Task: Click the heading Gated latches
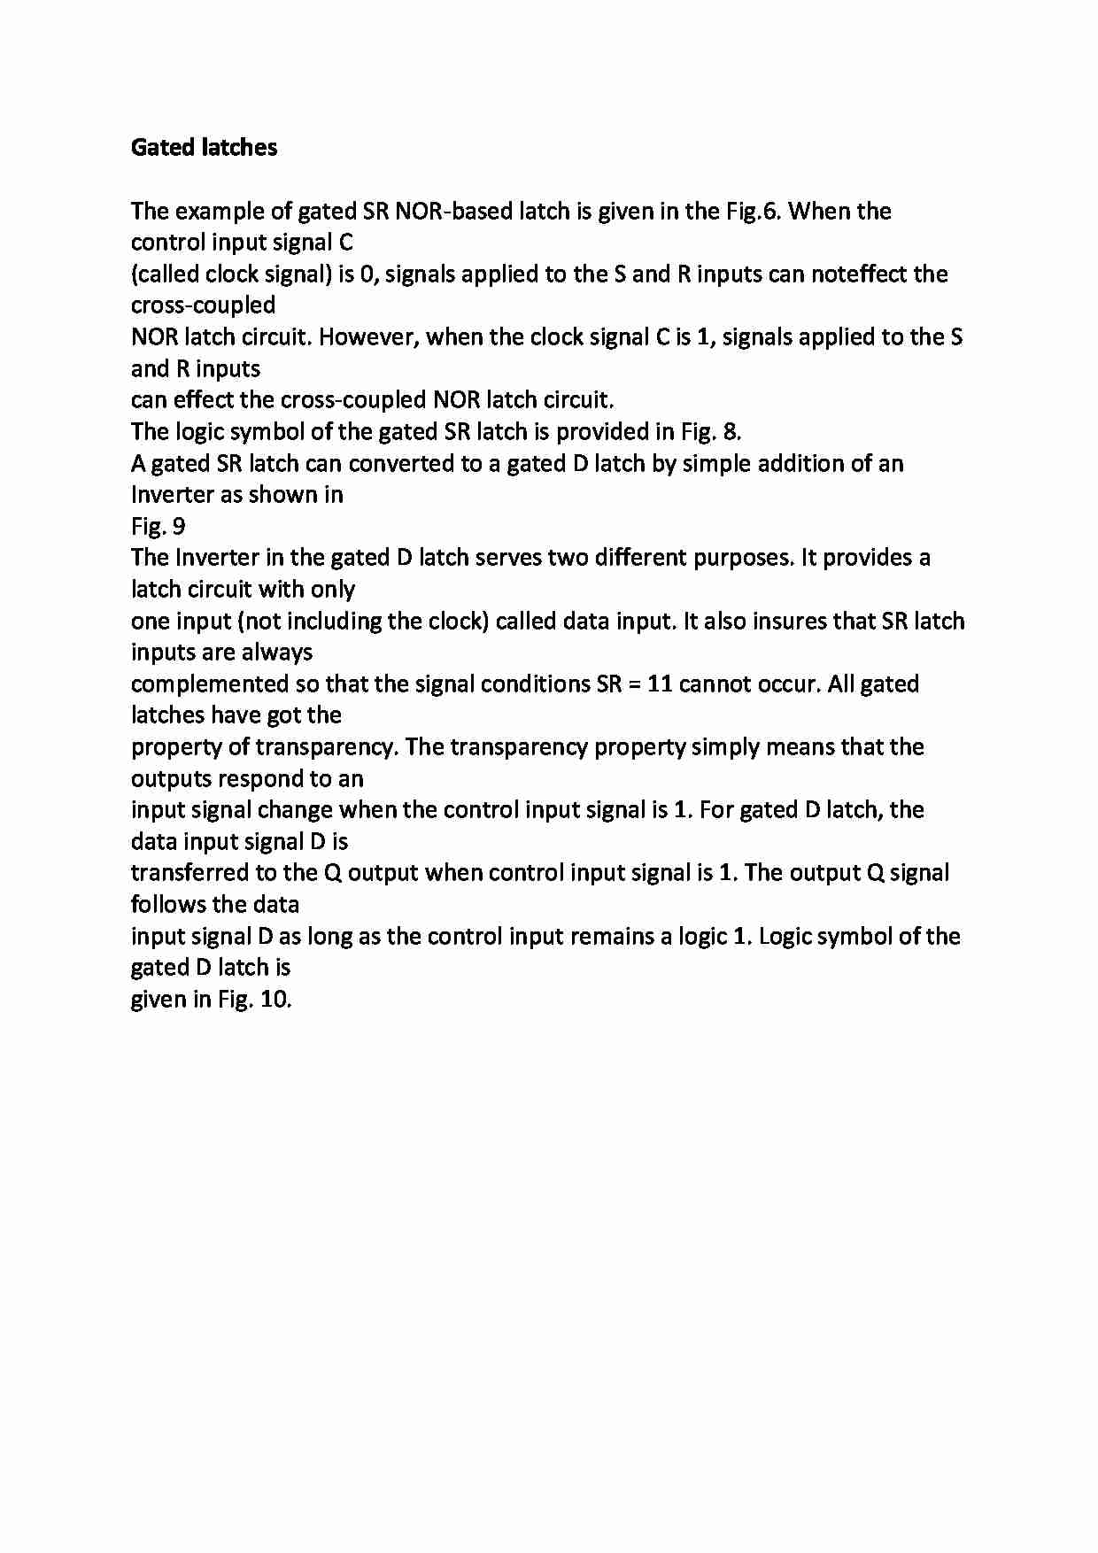point(204,147)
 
